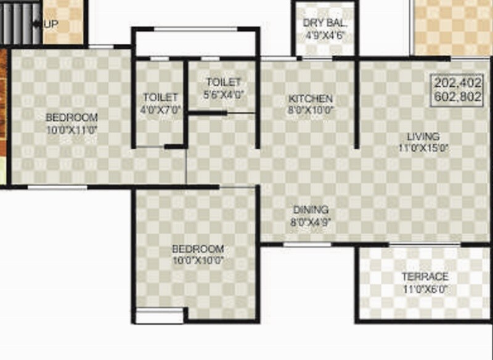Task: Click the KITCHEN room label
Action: (x=311, y=99)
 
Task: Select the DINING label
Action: (x=311, y=210)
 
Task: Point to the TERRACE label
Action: (x=425, y=277)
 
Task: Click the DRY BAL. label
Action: (x=325, y=24)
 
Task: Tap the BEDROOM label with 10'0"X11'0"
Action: (x=71, y=118)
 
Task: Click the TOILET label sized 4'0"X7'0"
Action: (x=160, y=97)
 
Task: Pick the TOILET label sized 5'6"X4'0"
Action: (x=223, y=83)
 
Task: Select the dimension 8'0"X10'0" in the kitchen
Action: (x=311, y=111)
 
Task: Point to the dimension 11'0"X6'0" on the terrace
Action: (x=425, y=288)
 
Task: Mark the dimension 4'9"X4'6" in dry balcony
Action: (x=325, y=36)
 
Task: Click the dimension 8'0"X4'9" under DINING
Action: (x=311, y=222)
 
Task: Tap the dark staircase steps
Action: (x=18, y=23)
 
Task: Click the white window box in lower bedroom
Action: (x=160, y=317)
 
